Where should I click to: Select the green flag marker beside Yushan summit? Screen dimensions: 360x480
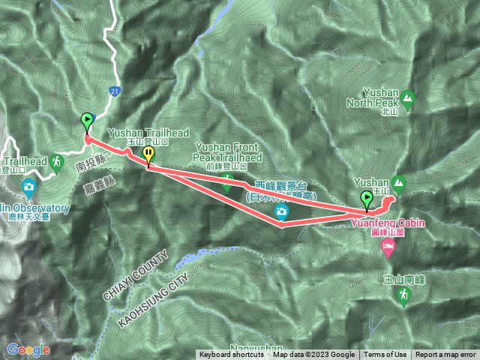pyautogui.click(x=367, y=199)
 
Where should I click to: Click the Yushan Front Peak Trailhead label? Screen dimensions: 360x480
pyautogui.click(x=228, y=153)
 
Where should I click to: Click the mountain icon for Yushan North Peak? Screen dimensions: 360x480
pyautogui.click(x=407, y=97)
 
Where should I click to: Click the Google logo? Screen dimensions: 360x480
pyautogui.click(x=28, y=349)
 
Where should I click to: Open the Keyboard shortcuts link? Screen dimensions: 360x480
pyautogui.click(x=231, y=355)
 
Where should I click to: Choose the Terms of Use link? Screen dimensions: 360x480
pyautogui.click(x=385, y=355)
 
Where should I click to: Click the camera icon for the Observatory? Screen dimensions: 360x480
pyautogui.click(x=28, y=186)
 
